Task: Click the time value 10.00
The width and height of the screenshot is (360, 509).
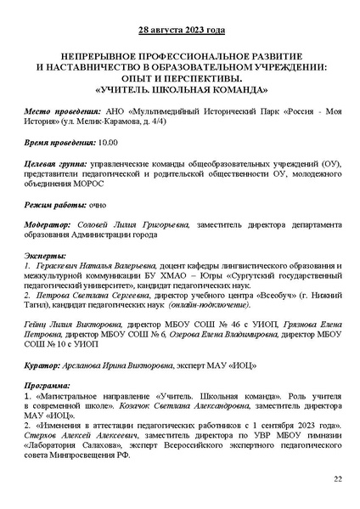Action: pyautogui.click(x=107, y=145)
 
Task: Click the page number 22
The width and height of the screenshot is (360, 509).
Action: pyautogui.click(x=337, y=479)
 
